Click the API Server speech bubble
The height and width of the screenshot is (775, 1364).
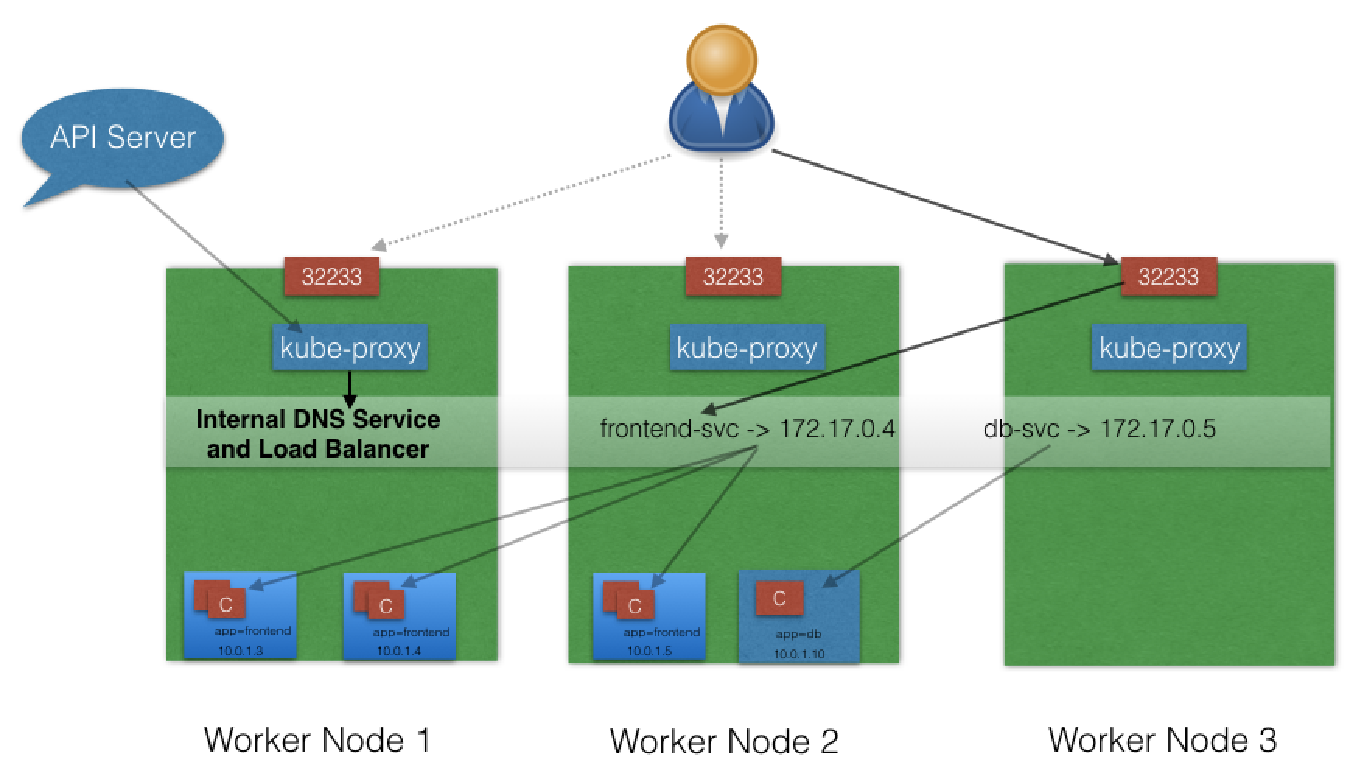(x=122, y=139)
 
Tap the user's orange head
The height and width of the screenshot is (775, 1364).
(x=722, y=58)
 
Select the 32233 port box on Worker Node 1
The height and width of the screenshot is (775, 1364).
(x=331, y=276)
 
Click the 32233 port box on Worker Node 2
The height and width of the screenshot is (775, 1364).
(x=733, y=276)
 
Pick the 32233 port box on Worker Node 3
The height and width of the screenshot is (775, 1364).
(x=1168, y=276)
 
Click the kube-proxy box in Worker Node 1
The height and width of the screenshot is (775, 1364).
(x=350, y=347)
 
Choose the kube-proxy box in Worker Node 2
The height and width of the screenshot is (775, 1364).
(x=747, y=347)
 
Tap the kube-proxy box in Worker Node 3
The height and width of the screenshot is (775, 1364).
(x=1169, y=347)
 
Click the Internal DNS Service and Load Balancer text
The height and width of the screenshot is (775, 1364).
(x=317, y=433)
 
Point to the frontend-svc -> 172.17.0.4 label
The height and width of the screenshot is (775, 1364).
(x=747, y=429)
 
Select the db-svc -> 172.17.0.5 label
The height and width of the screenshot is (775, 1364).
(x=1099, y=429)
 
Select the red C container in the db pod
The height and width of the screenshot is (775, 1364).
(x=778, y=598)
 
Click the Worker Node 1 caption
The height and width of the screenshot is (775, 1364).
(x=317, y=740)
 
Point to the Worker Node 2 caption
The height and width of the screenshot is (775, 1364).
(x=724, y=742)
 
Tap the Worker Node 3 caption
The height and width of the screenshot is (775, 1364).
(x=1162, y=740)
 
